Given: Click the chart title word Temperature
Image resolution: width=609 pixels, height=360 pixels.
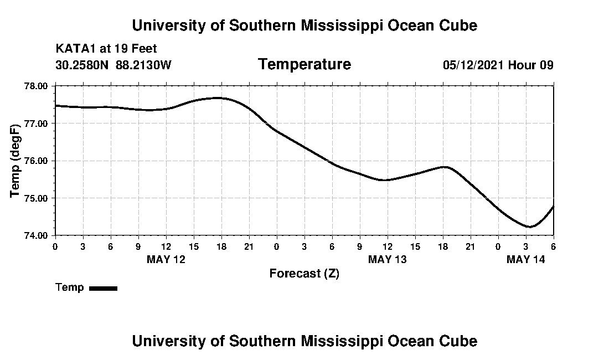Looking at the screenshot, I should pyautogui.click(x=304, y=65).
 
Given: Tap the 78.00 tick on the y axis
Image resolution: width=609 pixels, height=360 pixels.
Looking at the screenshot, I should pyautogui.click(x=37, y=86).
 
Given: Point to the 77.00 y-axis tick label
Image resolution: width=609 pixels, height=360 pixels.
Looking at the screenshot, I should pyautogui.click(x=37, y=123).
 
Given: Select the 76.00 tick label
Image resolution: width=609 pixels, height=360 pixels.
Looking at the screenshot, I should pyautogui.click(x=37, y=161).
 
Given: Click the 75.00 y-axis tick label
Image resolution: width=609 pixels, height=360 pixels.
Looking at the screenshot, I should pyautogui.click(x=37, y=198).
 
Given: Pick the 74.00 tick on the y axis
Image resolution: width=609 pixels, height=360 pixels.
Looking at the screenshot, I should pyautogui.click(x=37, y=235).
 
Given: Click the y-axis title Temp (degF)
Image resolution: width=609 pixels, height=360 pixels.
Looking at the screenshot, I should pyautogui.click(x=16, y=161).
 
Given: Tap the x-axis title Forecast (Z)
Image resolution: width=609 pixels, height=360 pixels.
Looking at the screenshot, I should pyautogui.click(x=304, y=274).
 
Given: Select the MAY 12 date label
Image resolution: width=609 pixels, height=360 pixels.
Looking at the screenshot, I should pyautogui.click(x=166, y=259).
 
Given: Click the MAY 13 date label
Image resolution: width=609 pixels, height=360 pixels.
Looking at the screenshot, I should pyautogui.click(x=388, y=259).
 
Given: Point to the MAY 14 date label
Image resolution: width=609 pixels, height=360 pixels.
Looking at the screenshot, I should pyautogui.click(x=526, y=259).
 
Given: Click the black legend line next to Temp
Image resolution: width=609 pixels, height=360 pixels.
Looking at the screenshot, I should pyautogui.click(x=103, y=288).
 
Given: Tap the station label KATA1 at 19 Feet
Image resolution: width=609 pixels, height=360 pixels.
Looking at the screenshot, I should pyautogui.click(x=106, y=49).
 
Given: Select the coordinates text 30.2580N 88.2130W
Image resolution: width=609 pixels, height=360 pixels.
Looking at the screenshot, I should pyautogui.click(x=113, y=65).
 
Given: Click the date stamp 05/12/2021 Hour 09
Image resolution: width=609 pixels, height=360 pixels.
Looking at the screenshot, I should pyautogui.click(x=498, y=65).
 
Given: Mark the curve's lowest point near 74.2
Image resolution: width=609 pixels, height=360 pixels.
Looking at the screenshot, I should pyautogui.click(x=529, y=227).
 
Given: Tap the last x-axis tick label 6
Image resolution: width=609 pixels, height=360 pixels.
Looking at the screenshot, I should pyautogui.click(x=553, y=246).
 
